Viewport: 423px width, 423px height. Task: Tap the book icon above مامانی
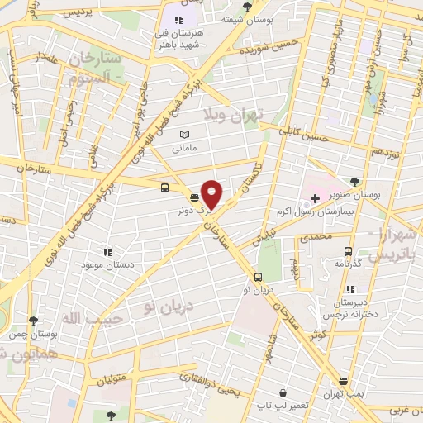[x=184, y=135]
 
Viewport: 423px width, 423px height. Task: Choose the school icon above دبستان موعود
[x=107, y=252]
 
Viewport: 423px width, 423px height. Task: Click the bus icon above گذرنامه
[x=348, y=251]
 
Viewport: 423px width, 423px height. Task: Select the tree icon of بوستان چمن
[x=33, y=321]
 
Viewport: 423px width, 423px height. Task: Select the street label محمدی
[x=315, y=238]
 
